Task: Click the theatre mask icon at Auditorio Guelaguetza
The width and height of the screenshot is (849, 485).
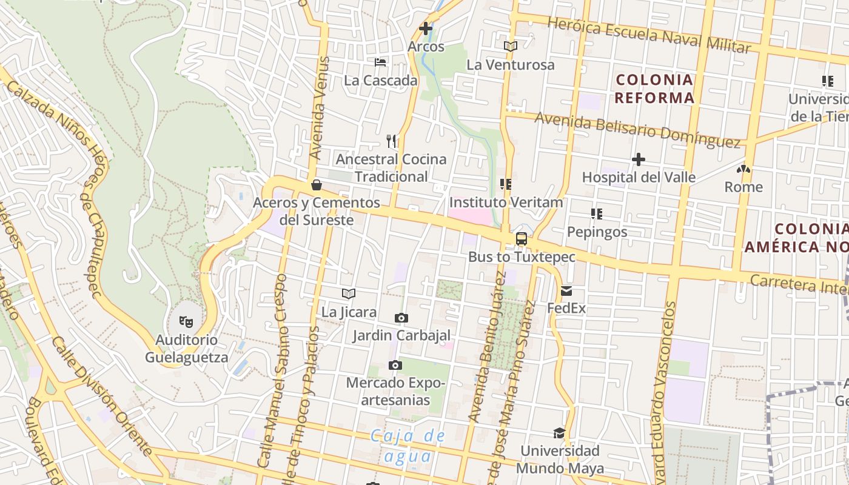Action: click(x=186, y=321)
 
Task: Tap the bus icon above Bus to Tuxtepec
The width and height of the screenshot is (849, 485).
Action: click(x=521, y=239)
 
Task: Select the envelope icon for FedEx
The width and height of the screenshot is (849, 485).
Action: click(x=566, y=291)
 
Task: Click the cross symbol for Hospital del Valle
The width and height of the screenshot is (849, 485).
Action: click(x=638, y=159)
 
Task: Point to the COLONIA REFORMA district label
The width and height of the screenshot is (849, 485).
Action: click(x=654, y=89)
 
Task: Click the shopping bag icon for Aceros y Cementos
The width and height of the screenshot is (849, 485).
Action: click(x=316, y=185)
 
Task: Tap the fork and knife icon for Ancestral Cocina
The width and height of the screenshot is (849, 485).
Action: click(x=391, y=141)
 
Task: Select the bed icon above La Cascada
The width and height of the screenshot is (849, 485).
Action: click(x=380, y=62)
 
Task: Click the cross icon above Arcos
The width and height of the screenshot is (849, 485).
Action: click(x=426, y=28)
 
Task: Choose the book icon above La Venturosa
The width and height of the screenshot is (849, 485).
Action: click(x=510, y=46)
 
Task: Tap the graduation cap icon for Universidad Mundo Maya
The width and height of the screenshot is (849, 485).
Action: click(x=559, y=433)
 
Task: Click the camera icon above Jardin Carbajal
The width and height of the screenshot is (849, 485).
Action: click(x=401, y=318)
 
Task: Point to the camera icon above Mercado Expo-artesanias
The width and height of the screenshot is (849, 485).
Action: click(x=395, y=365)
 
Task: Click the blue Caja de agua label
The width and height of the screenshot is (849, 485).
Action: click(x=408, y=446)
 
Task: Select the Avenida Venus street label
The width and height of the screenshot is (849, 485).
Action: click(x=319, y=108)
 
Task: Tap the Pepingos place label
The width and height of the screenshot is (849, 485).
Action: click(x=597, y=232)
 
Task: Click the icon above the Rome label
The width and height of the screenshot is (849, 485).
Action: click(x=743, y=169)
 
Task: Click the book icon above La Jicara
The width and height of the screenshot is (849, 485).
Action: click(x=348, y=294)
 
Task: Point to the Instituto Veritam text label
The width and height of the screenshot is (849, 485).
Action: click(x=506, y=202)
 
